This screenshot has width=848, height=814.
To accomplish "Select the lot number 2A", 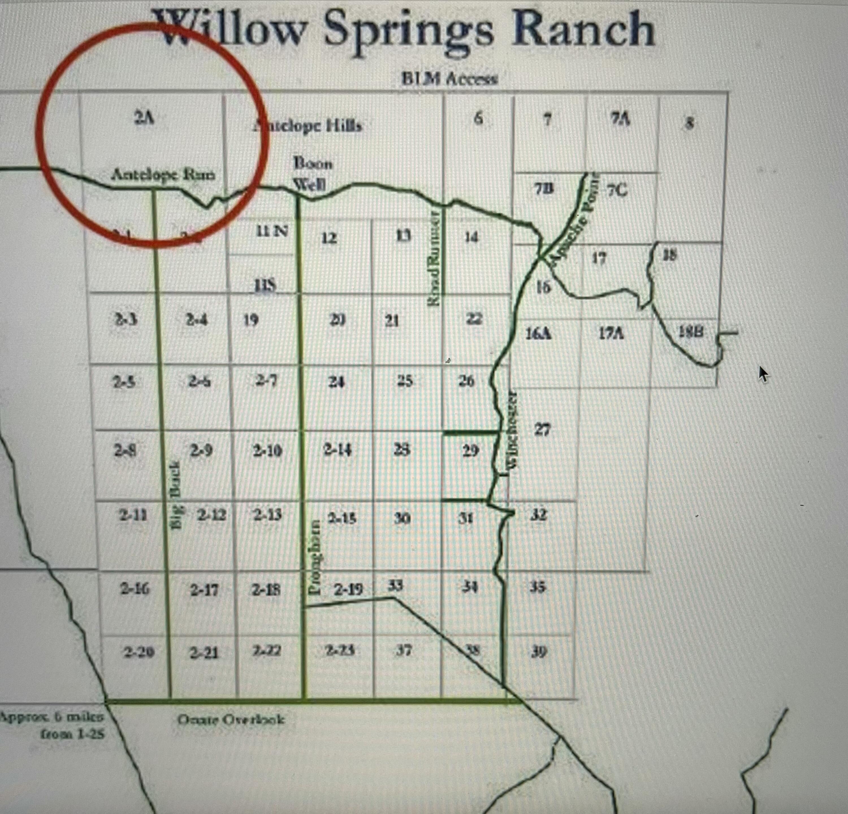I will pyautogui.click(x=144, y=118).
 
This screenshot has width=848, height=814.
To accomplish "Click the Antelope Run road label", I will pyautogui.click(x=163, y=175).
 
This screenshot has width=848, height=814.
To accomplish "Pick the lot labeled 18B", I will pyautogui.click(x=691, y=332).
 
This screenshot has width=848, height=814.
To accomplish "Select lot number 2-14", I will pyautogui.click(x=338, y=450).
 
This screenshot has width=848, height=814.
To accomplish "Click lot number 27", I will pyautogui.click(x=542, y=429).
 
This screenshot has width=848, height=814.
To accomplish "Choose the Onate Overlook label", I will pyautogui.click(x=231, y=719).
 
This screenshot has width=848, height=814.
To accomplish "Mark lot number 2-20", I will pyautogui.click(x=139, y=651).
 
